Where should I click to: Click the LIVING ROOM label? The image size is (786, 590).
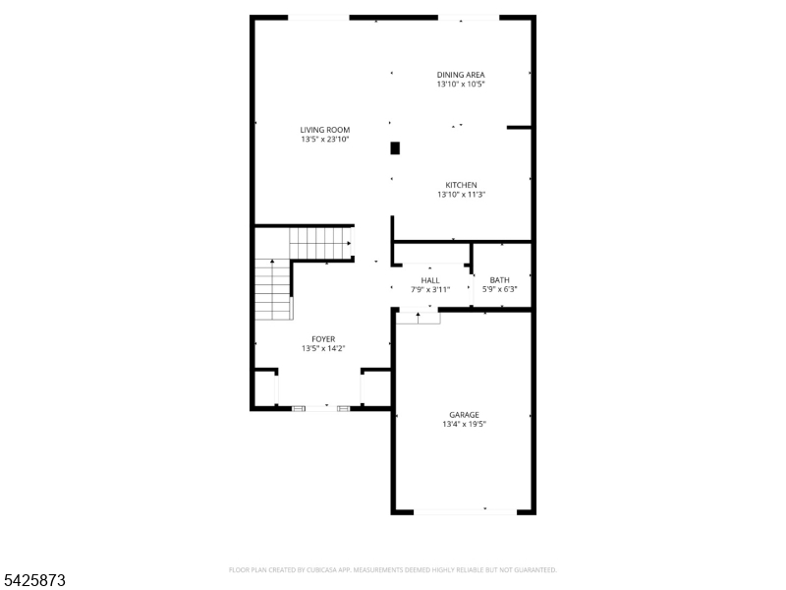pos(325,130)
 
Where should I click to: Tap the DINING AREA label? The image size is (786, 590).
pos(461,75)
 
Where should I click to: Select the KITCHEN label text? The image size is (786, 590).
pos(461,185)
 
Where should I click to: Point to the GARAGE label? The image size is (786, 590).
pos(464,415)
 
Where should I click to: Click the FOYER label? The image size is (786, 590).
pos(323,339)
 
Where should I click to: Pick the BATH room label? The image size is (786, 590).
pos(500,280)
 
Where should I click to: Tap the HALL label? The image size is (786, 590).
pos(430,280)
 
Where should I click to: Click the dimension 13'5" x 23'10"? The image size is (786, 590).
pos(325,140)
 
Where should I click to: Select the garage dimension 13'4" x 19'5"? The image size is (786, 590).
pos(464,425)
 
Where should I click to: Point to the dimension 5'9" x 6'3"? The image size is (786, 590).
pos(500,289)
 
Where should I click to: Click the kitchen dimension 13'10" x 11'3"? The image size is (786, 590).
pos(461,195)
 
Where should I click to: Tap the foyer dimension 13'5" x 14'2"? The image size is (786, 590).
pos(323,349)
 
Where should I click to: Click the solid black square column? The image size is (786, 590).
pos(395,148)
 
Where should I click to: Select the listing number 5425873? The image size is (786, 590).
pos(32,580)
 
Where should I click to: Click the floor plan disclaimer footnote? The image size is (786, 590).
pos(392,570)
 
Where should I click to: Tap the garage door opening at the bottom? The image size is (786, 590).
pos(465,511)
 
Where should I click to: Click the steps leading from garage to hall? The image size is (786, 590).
pos(419,318)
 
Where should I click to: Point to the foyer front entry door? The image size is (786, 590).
pos(321,408)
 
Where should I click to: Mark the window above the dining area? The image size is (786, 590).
pos(469,18)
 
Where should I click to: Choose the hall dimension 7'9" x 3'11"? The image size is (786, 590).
pos(430,290)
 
